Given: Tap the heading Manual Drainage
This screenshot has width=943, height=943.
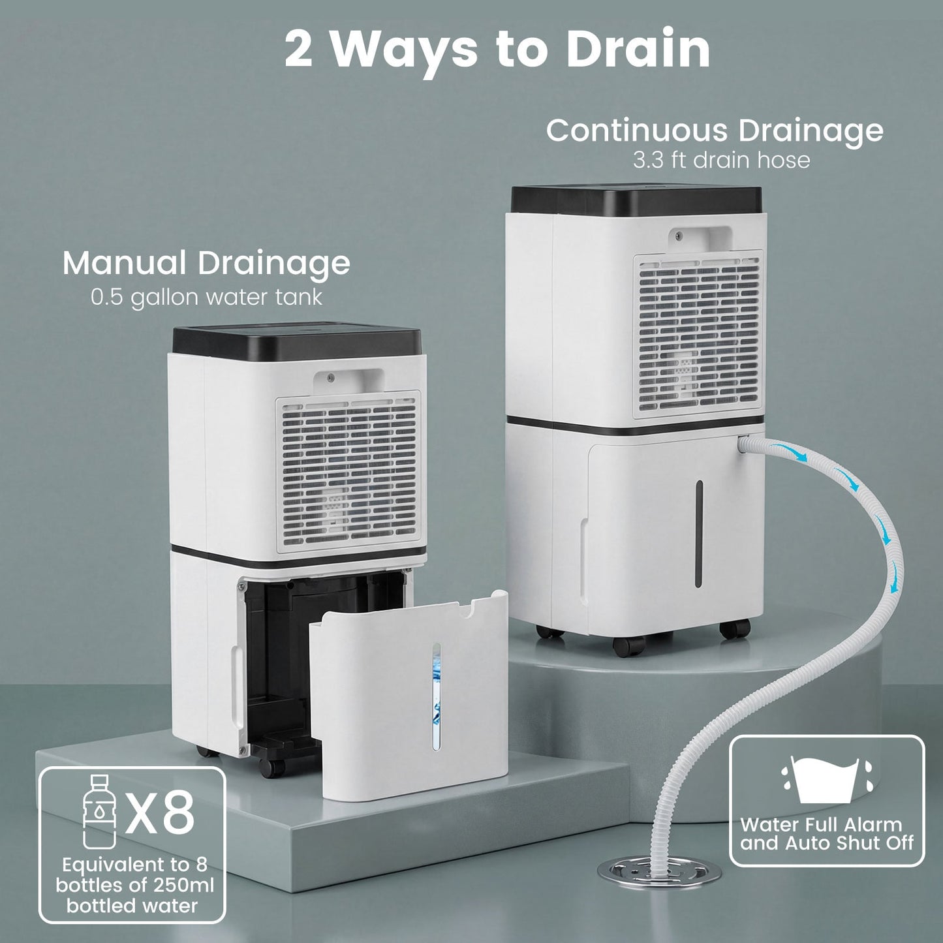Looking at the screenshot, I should point(206,263).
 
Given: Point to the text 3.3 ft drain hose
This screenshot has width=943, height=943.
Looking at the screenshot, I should point(720,160).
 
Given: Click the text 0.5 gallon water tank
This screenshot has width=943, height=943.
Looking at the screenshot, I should point(206,297).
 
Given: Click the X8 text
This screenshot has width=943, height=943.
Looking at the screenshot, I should point(161,812).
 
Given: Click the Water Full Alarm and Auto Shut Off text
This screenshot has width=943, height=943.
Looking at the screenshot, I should point(826,834).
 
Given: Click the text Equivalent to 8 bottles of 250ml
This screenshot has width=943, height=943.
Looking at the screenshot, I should point(134,876).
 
